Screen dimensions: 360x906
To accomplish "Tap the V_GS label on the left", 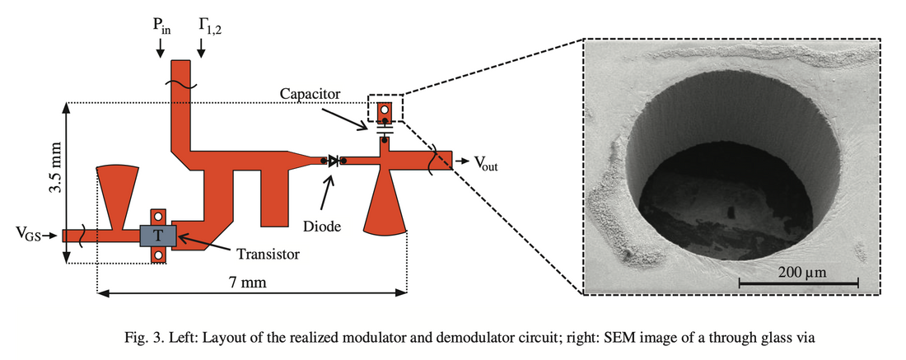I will pyautogui.click(x=28, y=236).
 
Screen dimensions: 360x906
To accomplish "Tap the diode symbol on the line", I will pyautogui.click(x=332, y=161).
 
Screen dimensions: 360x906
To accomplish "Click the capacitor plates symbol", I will pyautogui.click(x=384, y=129).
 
